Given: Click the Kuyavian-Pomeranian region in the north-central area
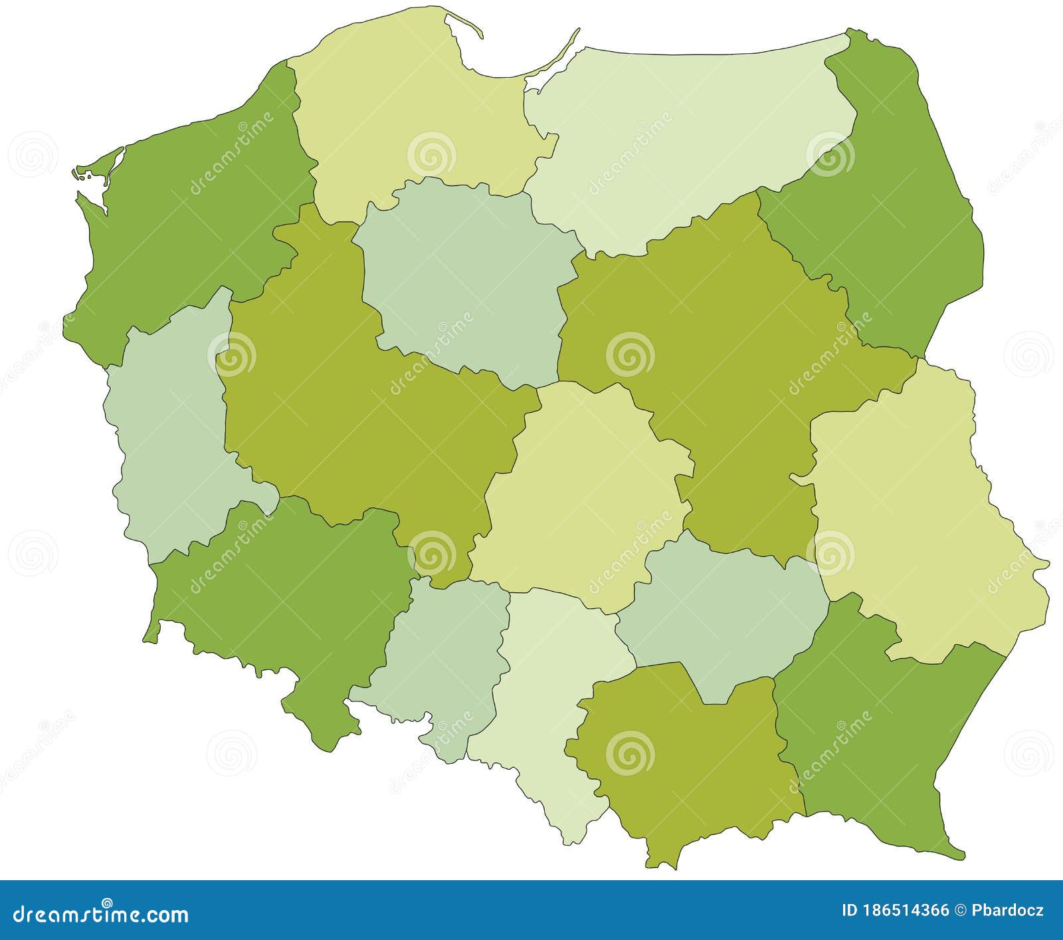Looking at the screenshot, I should (x=465, y=279).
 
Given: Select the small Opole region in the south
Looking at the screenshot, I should (x=438, y=658).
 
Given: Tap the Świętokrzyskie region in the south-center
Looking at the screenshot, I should (x=724, y=618).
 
